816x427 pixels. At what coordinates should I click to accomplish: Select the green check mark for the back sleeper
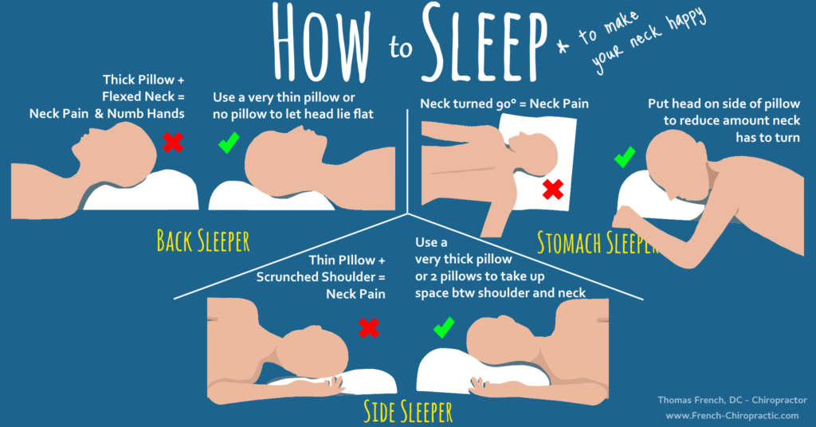coord(229,143)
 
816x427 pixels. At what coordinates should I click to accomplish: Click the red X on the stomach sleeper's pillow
coord(553,189)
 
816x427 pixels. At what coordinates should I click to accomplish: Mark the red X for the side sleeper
coord(368,327)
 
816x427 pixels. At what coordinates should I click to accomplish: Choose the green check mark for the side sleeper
coord(443,327)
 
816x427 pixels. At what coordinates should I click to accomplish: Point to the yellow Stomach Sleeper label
coord(598,241)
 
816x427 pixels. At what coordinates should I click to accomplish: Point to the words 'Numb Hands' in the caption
coord(153,114)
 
